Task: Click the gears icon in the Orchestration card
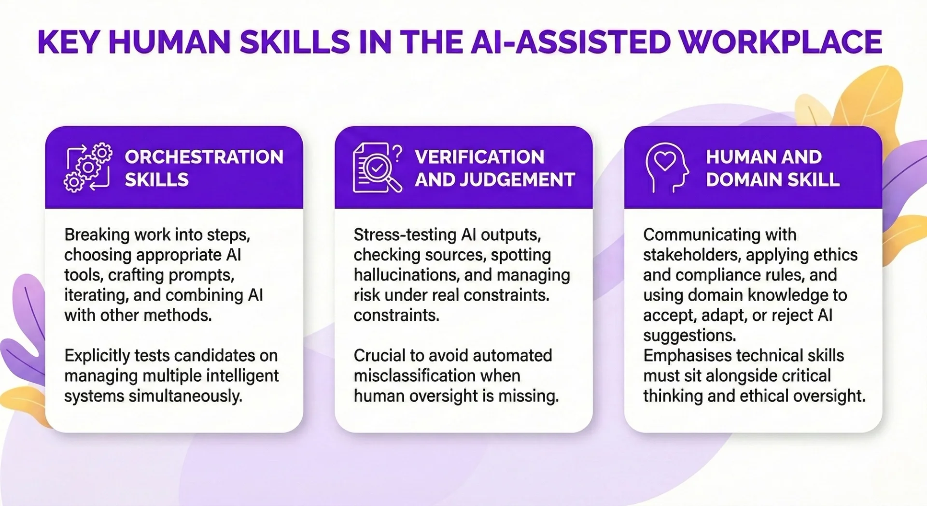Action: pyautogui.click(x=88, y=168)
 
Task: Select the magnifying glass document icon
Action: pyautogui.click(x=374, y=168)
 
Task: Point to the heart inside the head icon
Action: pyautogui.click(x=665, y=161)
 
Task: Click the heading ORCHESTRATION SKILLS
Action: pyautogui.click(x=204, y=168)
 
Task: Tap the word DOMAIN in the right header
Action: pyautogui.click(x=743, y=180)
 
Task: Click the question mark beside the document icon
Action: pyautogui.click(x=397, y=154)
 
